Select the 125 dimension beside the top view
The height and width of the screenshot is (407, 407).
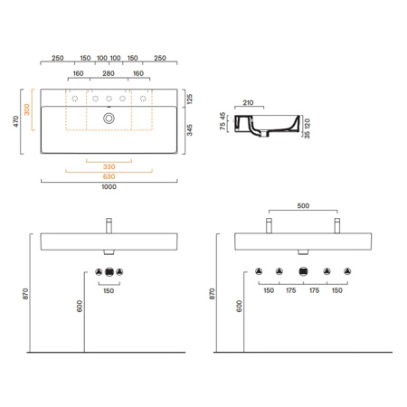coord(188,97)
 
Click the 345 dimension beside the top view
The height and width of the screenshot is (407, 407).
coord(188,130)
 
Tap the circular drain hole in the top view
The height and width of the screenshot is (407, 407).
coord(109,118)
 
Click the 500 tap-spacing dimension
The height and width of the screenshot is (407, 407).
coord(303,207)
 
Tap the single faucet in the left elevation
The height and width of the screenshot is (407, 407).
coord(109,224)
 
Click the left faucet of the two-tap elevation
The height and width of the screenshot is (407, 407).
coord(269,224)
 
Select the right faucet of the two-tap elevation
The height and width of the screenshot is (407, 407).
coord(336,224)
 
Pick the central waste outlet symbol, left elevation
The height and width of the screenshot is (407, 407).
coord(109,272)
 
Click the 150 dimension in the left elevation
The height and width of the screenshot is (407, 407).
coord(109,291)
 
